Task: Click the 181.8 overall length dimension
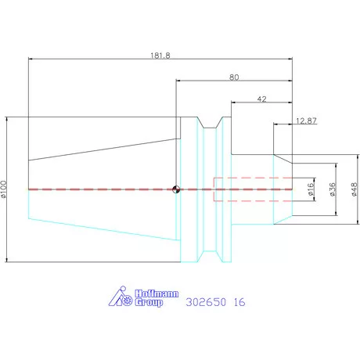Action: tap(160, 56)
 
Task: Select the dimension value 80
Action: tap(234, 77)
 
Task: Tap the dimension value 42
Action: tap(261, 99)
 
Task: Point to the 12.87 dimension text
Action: tap(306, 121)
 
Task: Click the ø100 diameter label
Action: tap(3, 189)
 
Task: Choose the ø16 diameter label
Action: tap(311, 189)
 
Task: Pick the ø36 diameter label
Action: tap(333, 189)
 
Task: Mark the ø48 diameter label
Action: tap(354, 189)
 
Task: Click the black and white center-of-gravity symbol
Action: tap(176, 189)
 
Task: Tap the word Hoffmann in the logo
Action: tap(157, 293)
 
